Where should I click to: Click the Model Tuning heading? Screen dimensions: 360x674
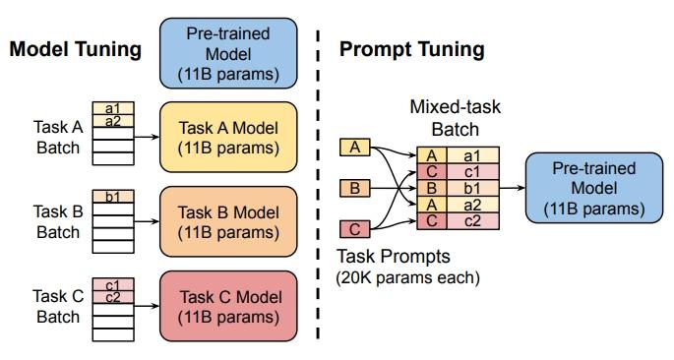point(76,48)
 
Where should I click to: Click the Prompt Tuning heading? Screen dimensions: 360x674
point(411,48)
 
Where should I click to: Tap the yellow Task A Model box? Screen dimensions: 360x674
point(228,136)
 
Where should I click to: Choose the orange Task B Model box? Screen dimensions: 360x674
point(228,221)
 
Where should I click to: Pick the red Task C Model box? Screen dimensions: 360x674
point(228,306)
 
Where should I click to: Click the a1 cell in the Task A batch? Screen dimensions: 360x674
point(112,108)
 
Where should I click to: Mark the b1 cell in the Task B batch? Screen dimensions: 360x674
point(112,195)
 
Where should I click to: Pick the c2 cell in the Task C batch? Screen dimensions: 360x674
point(112,297)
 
